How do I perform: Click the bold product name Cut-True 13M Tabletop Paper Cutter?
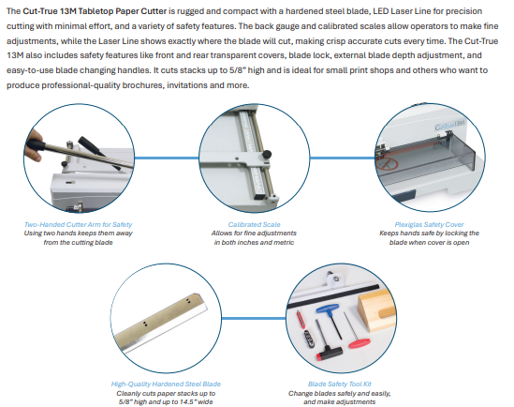95,11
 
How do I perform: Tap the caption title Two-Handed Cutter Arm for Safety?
78,224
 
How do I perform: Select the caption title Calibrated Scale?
254,224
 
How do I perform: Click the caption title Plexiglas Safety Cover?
429,224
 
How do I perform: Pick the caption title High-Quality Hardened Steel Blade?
166,384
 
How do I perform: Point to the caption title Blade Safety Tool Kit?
340,384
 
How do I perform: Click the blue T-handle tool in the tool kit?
330,320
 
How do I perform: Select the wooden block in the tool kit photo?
377,310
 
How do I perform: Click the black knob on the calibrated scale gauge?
267,154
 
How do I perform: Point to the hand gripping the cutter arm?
33,144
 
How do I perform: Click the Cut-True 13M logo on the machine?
449,125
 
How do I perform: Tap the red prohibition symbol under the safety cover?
388,163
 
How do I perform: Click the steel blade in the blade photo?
161,323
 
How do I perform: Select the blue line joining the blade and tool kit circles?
254,318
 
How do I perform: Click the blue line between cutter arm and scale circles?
167,158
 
